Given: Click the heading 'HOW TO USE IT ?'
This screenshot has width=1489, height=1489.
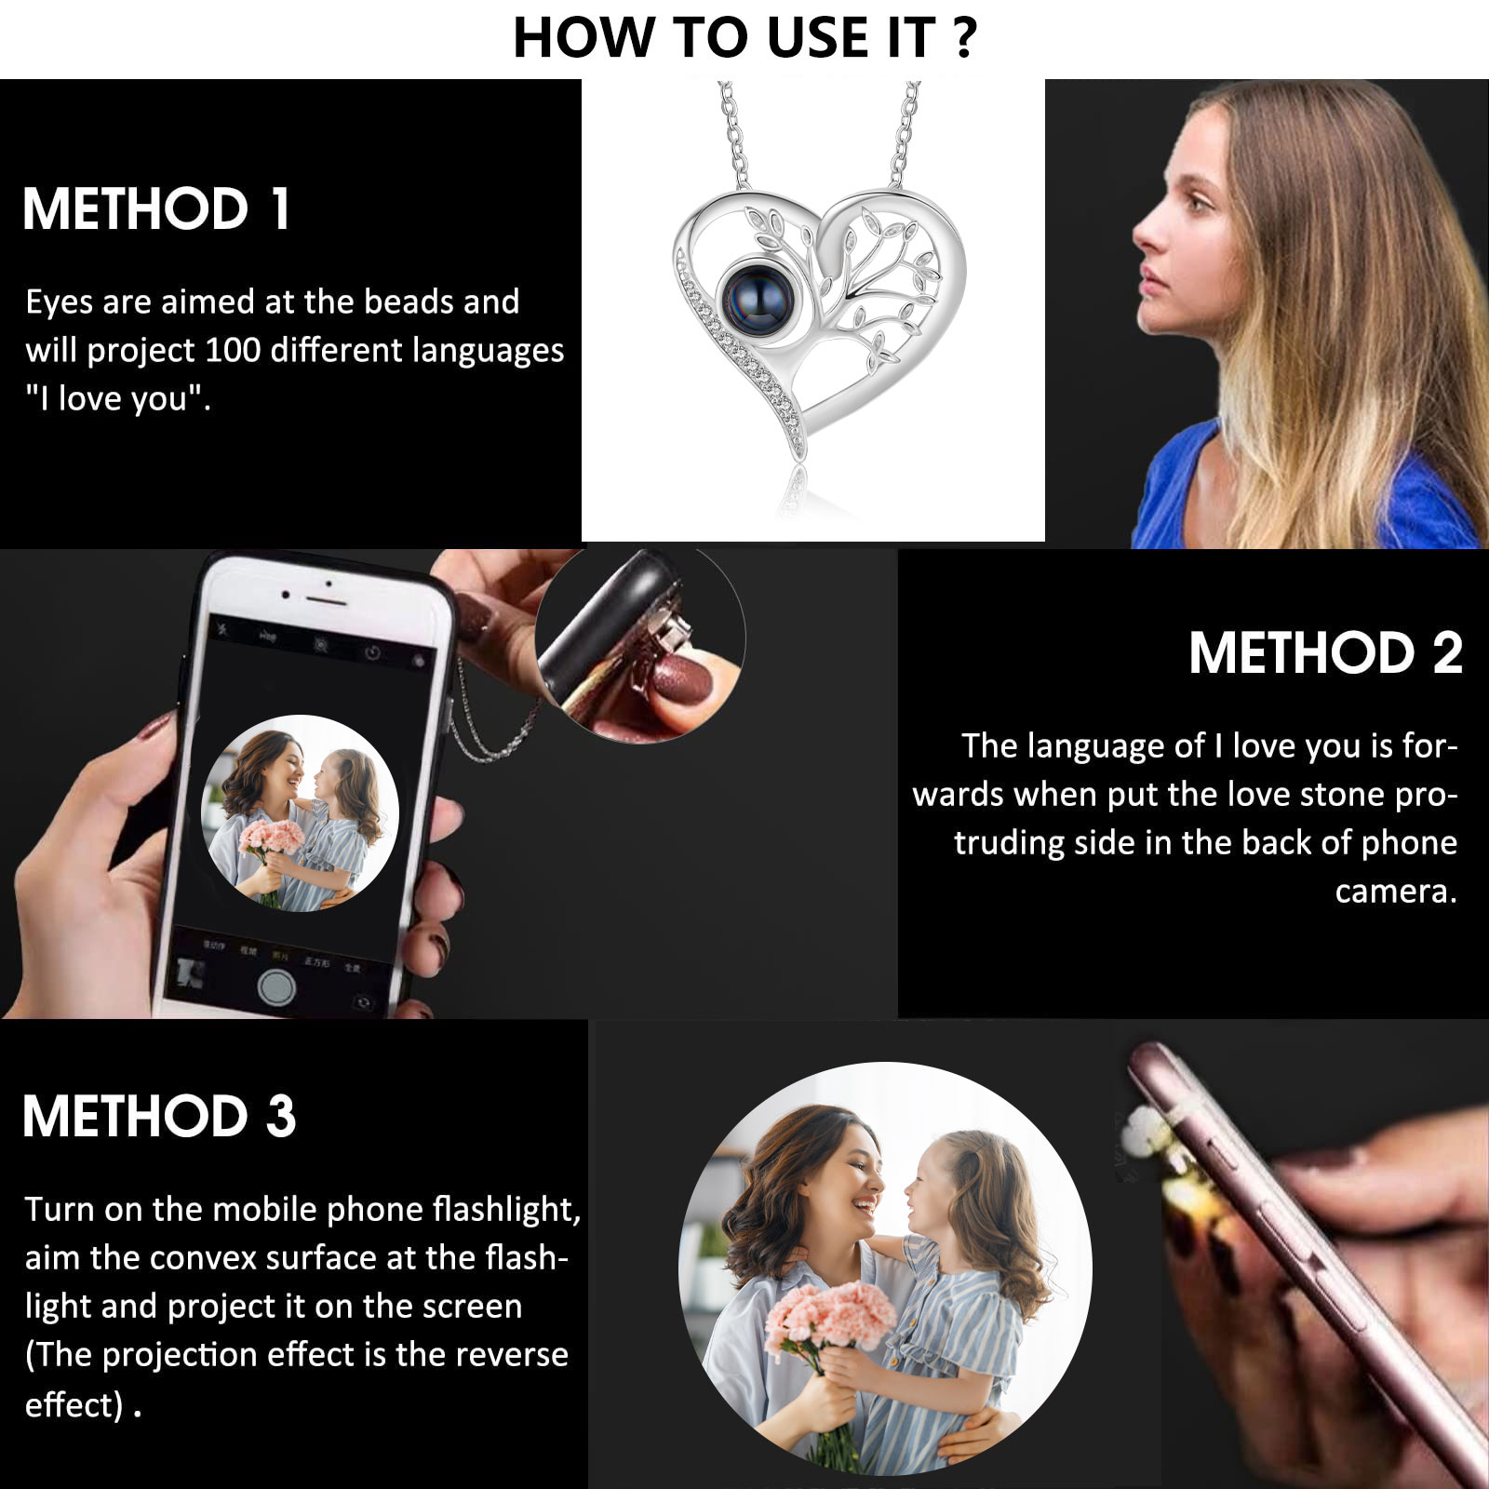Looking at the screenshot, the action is pos(744,38).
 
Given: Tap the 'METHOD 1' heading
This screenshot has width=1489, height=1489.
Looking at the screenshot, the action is pos(156,208).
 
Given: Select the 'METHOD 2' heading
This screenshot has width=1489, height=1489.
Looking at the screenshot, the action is pos(1325,652).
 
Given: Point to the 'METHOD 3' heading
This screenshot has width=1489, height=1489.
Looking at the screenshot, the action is pos(159,1116).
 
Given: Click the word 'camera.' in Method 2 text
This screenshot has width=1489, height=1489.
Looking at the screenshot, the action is pos(1396,892).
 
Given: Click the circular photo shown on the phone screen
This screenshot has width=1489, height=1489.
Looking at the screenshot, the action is pos(300,813).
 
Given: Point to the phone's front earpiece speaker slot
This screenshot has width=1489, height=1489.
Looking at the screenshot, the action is pos(328,584).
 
